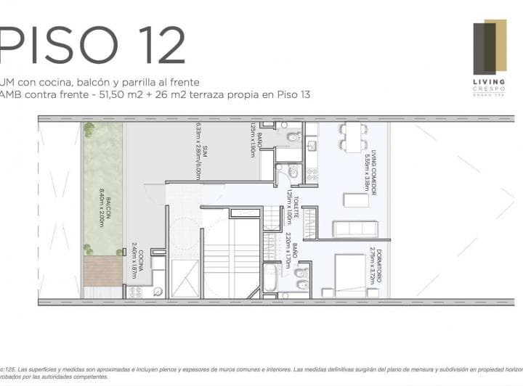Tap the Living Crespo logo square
pyautogui.click(x=489, y=48)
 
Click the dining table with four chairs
pyautogui.click(x=354, y=136)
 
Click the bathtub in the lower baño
pyautogui.click(x=269, y=277)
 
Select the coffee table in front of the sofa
pyautogui.click(x=356, y=200)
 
